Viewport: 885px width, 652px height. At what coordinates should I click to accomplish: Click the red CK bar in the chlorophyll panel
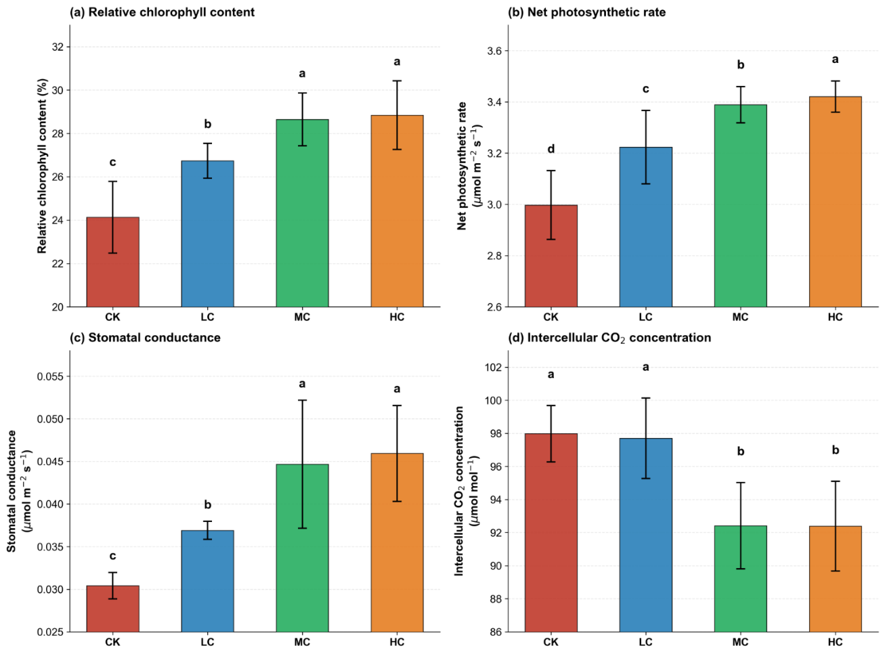pyautogui.click(x=112, y=262)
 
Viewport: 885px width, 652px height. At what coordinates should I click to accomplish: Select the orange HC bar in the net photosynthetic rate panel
pyautogui.click(x=835, y=202)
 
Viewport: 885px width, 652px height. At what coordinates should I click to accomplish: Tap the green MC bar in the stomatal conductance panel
pyautogui.click(x=302, y=548)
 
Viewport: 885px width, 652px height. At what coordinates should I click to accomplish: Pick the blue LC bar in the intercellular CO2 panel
pyautogui.click(x=645, y=535)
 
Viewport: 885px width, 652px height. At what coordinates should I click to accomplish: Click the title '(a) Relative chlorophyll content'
pyautogui.click(x=162, y=12)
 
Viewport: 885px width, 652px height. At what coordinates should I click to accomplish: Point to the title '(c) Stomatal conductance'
pyautogui.click(x=145, y=337)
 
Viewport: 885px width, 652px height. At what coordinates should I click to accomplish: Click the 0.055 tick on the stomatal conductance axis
pyautogui.click(x=50, y=376)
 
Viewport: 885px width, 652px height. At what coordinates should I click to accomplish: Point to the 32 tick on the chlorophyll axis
pyautogui.click(x=58, y=47)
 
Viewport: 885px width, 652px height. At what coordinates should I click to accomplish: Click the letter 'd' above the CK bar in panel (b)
pyautogui.click(x=551, y=149)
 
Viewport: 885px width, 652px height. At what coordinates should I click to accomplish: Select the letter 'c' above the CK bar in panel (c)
pyautogui.click(x=112, y=557)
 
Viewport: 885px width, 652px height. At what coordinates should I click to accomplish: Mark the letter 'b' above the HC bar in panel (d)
pyautogui.click(x=835, y=450)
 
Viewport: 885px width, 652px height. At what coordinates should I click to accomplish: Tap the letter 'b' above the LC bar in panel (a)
pyautogui.click(x=207, y=124)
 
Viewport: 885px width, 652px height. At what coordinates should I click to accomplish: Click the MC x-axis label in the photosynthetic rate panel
pyautogui.click(x=740, y=318)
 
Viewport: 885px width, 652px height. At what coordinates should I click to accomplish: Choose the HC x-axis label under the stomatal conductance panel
pyautogui.click(x=397, y=642)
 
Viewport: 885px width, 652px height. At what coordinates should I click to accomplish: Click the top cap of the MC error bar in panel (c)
pyautogui.click(x=302, y=400)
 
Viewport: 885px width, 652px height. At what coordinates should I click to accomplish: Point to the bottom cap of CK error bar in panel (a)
pyautogui.click(x=112, y=253)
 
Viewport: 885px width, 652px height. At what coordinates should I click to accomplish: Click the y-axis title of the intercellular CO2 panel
pyautogui.click(x=465, y=491)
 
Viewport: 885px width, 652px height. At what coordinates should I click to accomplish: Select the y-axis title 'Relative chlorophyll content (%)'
pyautogui.click(x=42, y=166)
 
